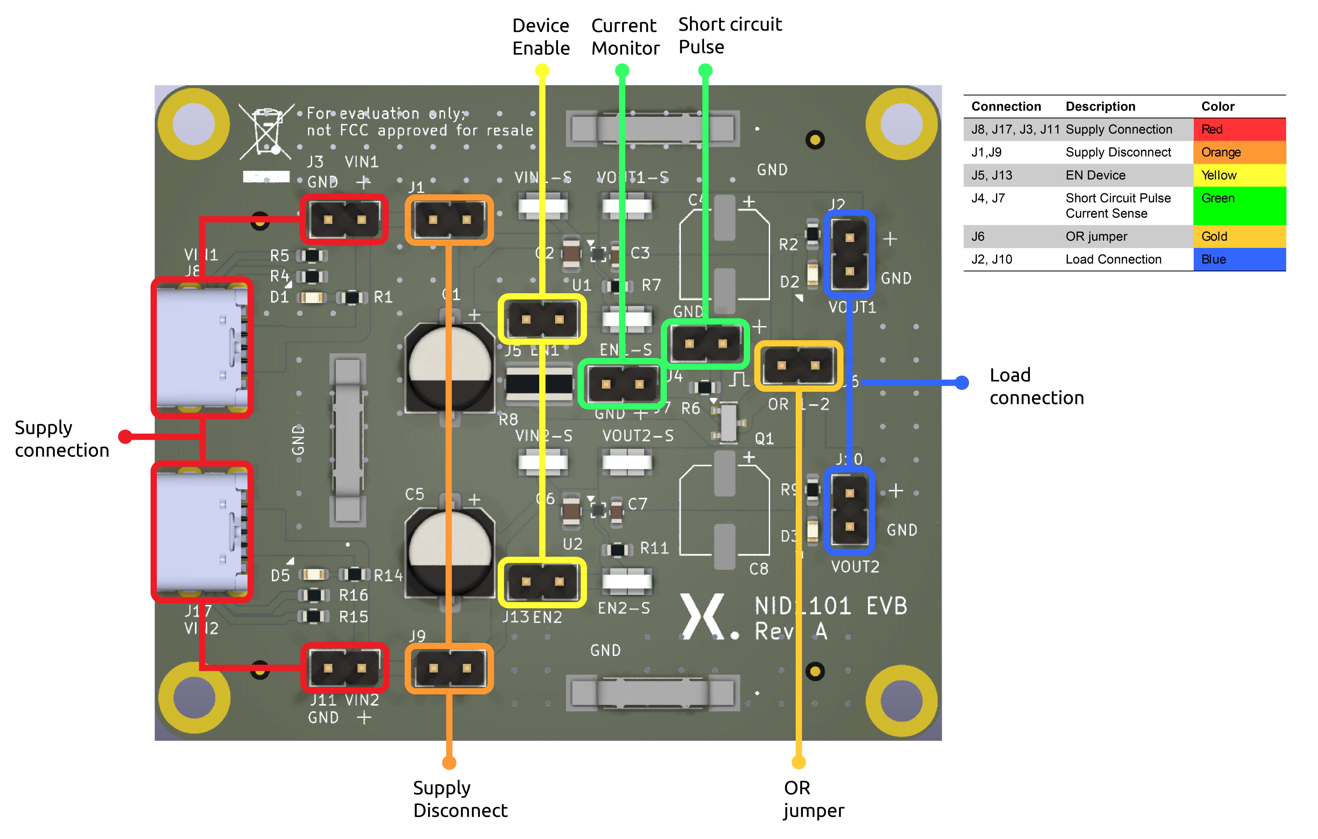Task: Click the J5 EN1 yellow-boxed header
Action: coord(542,320)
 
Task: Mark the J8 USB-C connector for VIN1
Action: coord(201,348)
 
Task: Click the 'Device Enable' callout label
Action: coord(541,37)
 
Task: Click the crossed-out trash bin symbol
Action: coord(267,131)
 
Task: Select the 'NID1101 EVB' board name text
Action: coord(830,606)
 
